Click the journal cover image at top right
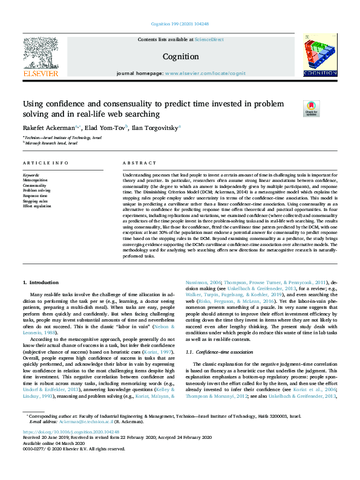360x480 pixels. click(x=319, y=55)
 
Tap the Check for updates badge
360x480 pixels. click(x=311, y=109)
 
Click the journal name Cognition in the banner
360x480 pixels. click(x=180, y=57)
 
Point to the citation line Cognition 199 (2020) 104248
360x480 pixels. click(x=180, y=24)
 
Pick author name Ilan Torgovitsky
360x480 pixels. click(x=155, y=128)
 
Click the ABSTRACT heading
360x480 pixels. click(x=136, y=164)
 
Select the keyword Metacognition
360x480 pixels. click(x=34, y=180)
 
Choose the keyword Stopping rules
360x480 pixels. click(x=35, y=201)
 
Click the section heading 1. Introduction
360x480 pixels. click(x=41, y=282)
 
